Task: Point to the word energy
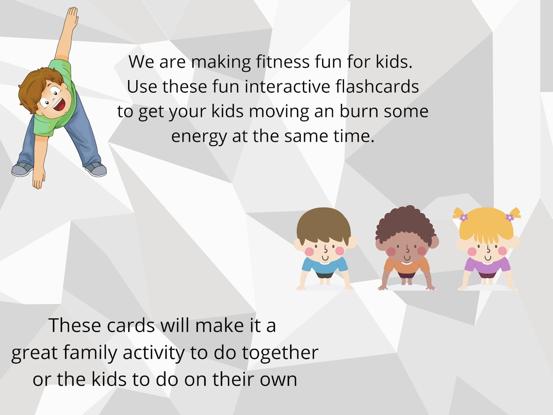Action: click(x=198, y=136)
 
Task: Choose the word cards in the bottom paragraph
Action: click(x=118, y=325)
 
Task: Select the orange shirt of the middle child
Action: click(x=407, y=266)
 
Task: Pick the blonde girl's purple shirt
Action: click(x=487, y=266)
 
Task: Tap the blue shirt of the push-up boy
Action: click(x=325, y=266)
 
